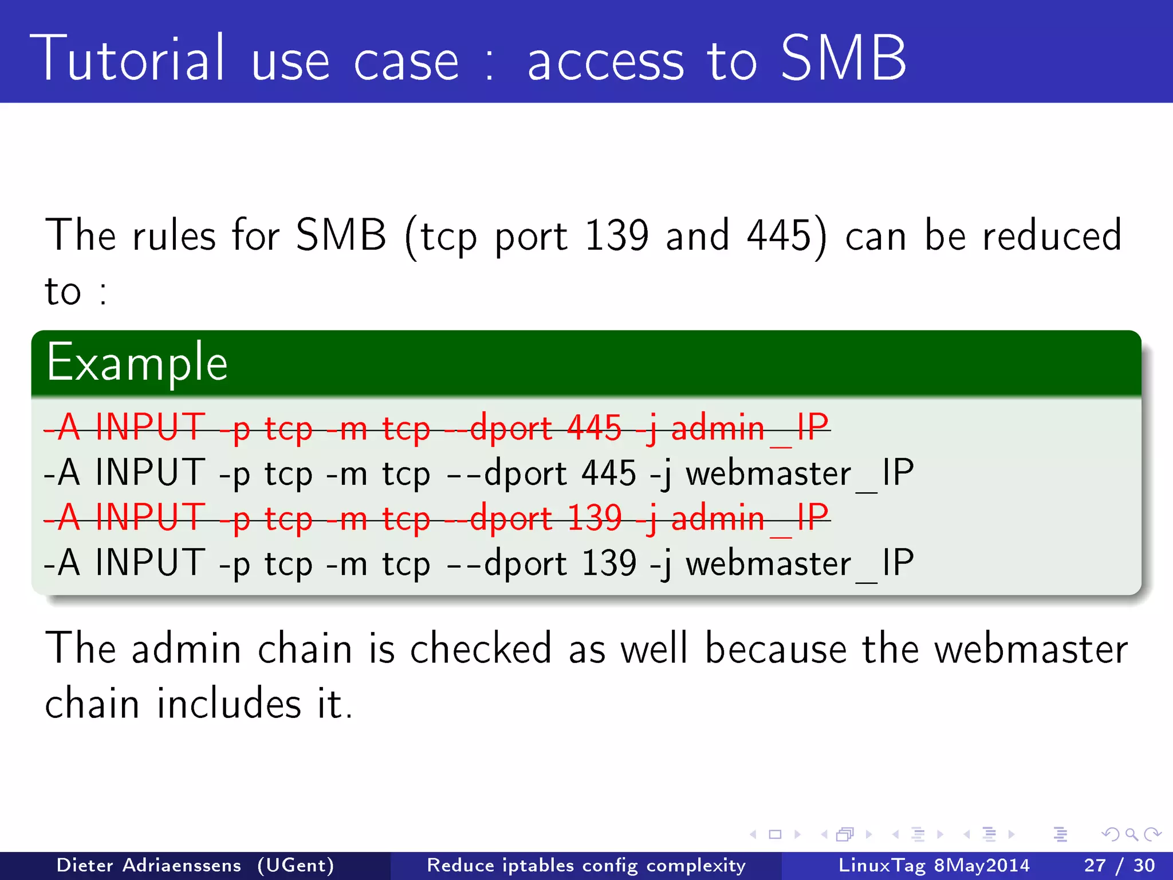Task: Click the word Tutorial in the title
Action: pos(127,58)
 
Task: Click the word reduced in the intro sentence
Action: pos(1052,235)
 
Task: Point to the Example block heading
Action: pos(137,362)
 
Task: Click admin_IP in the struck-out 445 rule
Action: pos(750,427)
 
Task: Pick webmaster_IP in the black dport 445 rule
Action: pos(799,473)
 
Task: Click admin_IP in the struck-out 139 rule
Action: pos(750,518)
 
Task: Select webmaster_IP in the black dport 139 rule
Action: pos(799,563)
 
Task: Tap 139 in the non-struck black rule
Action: pos(608,563)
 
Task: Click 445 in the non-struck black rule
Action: pos(608,473)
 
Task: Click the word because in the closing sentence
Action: pos(776,649)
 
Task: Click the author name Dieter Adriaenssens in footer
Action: pos(149,865)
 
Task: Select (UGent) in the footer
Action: pos(296,865)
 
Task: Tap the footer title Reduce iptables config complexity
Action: pos(586,865)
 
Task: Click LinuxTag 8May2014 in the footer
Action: pos(934,865)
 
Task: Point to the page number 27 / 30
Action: pos(1119,865)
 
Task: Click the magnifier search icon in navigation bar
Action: pos(1131,834)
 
